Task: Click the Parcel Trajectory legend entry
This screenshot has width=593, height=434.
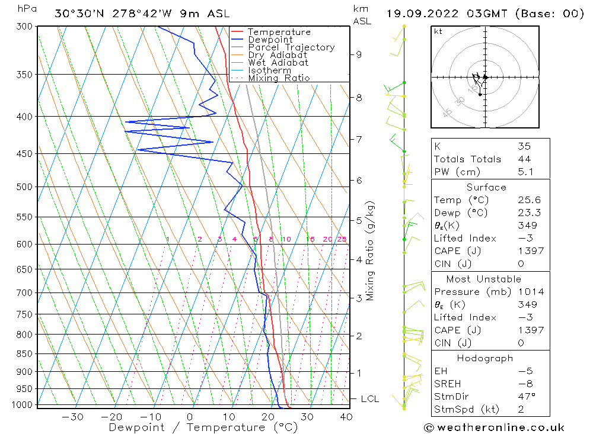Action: [291, 47]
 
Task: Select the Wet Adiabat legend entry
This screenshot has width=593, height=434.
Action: [278, 63]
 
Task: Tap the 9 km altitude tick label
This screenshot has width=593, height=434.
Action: [359, 54]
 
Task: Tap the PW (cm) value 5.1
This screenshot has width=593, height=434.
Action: [524, 172]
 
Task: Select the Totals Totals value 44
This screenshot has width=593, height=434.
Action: [524, 159]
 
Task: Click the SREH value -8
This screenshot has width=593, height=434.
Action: [524, 384]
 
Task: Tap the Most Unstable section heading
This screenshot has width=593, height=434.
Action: [483, 279]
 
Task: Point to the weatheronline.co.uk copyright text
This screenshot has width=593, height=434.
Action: [494, 427]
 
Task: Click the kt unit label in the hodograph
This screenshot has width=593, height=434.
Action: [438, 31]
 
